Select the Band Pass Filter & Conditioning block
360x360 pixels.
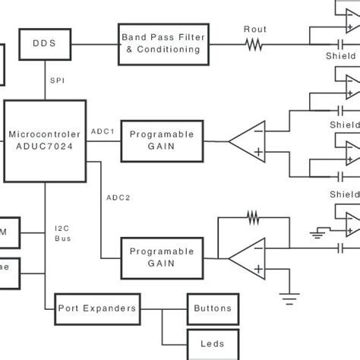[x=163, y=43]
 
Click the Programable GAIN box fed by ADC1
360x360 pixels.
[x=161, y=141]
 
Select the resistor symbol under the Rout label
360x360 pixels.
[x=254, y=45]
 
